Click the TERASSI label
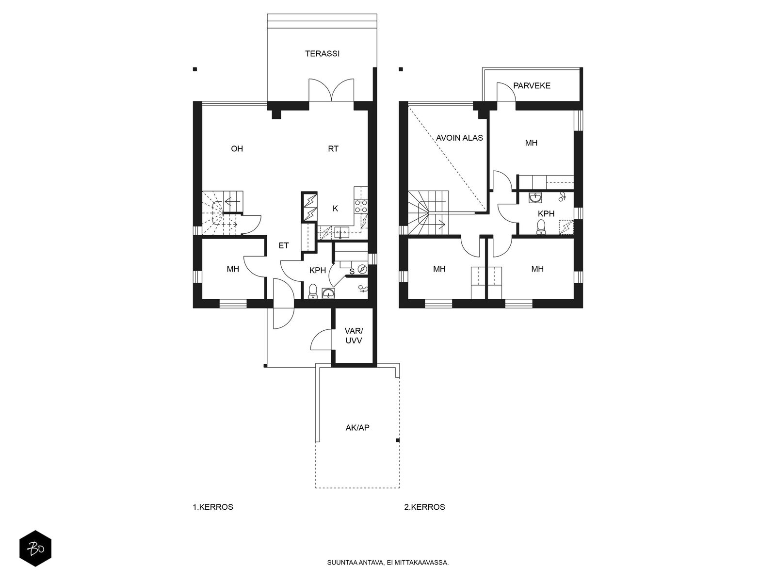click(x=322, y=54)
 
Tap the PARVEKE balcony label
click(x=532, y=86)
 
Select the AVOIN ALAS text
click(x=459, y=138)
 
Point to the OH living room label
click(x=237, y=149)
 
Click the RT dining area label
click(x=333, y=149)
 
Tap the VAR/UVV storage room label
click(x=354, y=336)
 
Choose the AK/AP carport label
click(x=357, y=428)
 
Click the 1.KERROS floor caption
click(x=213, y=507)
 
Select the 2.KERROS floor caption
click(x=424, y=507)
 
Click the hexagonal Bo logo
click(x=35, y=549)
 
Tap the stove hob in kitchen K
click(x=361, y=207)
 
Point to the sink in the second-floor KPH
click(x=536, y=197)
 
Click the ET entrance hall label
click(x=284, y=246)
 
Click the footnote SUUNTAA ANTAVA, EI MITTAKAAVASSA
click(x=388, y=563)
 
